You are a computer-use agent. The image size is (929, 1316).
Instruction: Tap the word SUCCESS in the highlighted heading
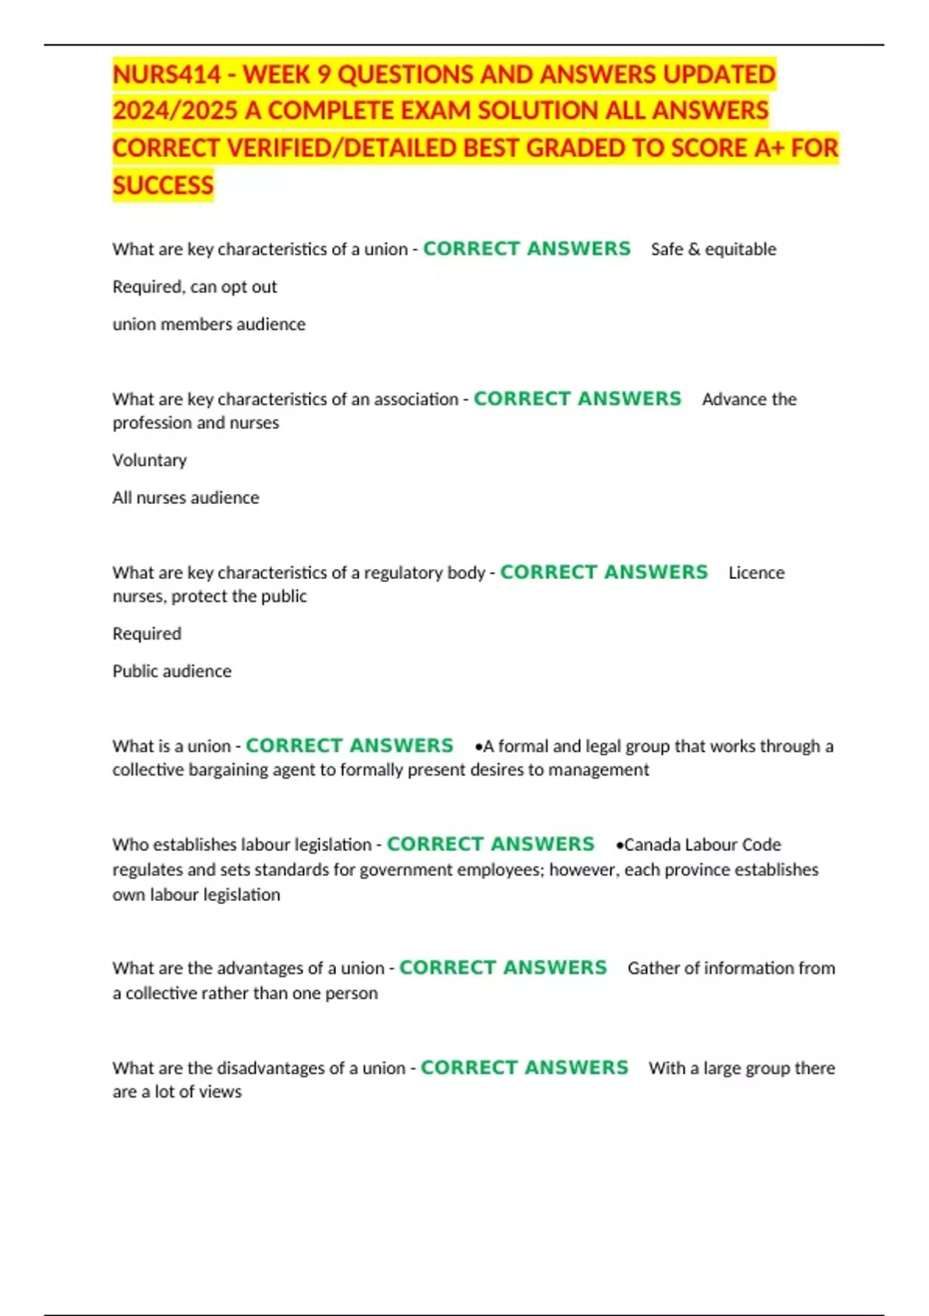(x=163, y=186)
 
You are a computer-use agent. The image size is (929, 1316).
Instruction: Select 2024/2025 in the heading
(x=175, y=111)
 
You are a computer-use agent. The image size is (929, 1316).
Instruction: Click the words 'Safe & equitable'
(x=713, y=249)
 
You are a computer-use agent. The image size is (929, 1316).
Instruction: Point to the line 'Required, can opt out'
(x=194, y=287)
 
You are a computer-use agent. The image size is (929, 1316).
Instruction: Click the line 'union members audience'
(x=209, y=324)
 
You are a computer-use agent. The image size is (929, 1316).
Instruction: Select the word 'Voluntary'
(x=149, y=461)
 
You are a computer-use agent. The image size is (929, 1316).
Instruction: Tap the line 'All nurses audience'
(x=186, y=498)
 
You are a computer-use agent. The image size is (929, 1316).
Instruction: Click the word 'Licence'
(x=756, y=573)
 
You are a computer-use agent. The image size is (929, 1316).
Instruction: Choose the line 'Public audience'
(x=172, y=671)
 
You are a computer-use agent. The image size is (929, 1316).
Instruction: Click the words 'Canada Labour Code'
(x=702, y=845)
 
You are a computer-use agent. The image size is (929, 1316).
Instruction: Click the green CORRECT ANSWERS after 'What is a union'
(x=349, y=745)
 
